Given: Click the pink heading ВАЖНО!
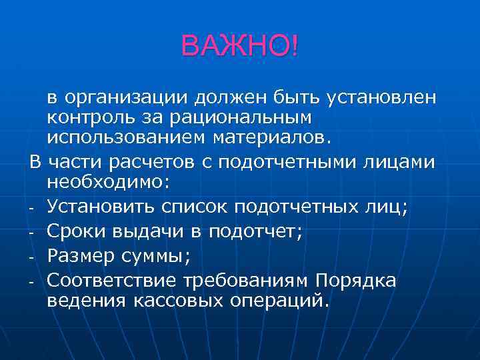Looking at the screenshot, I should pyautogui.click(x=240, y=46).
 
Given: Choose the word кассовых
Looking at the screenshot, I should pyautogui.click(x=182, y=301).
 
